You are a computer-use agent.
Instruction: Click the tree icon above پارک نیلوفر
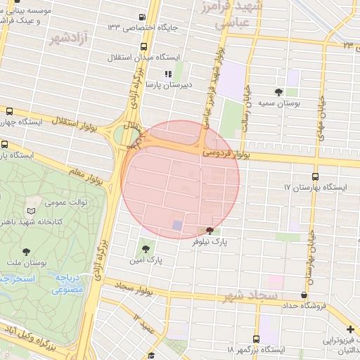click(x=210, y=231)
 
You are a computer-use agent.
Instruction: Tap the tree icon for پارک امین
click(x=146, y=247)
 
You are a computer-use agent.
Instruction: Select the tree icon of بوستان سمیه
click(x=279, y=91)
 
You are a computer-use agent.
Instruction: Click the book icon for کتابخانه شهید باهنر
click(x=31, y=210)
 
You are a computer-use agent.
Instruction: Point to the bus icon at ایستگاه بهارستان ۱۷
click(x=314, y=177)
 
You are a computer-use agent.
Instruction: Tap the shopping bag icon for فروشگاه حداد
click(x=304, y=295)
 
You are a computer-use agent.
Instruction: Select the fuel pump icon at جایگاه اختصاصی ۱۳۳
click(x=143, y=17)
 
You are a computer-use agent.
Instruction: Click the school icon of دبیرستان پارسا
click(x=168, y=74)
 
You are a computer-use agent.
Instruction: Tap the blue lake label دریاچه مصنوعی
click(x=68, y=283)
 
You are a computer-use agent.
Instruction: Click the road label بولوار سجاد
click(x=134, y=288)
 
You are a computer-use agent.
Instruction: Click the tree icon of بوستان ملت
click(x=27, y=251)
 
